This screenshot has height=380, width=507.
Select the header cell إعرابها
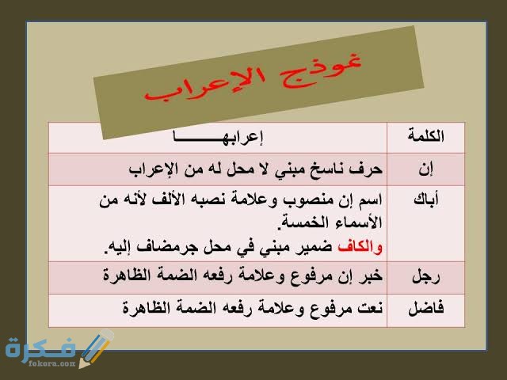[218, 137]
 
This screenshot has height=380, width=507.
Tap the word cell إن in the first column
[425, 169]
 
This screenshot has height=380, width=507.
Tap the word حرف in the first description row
[367, 169]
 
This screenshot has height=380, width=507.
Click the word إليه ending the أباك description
[121, 248]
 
